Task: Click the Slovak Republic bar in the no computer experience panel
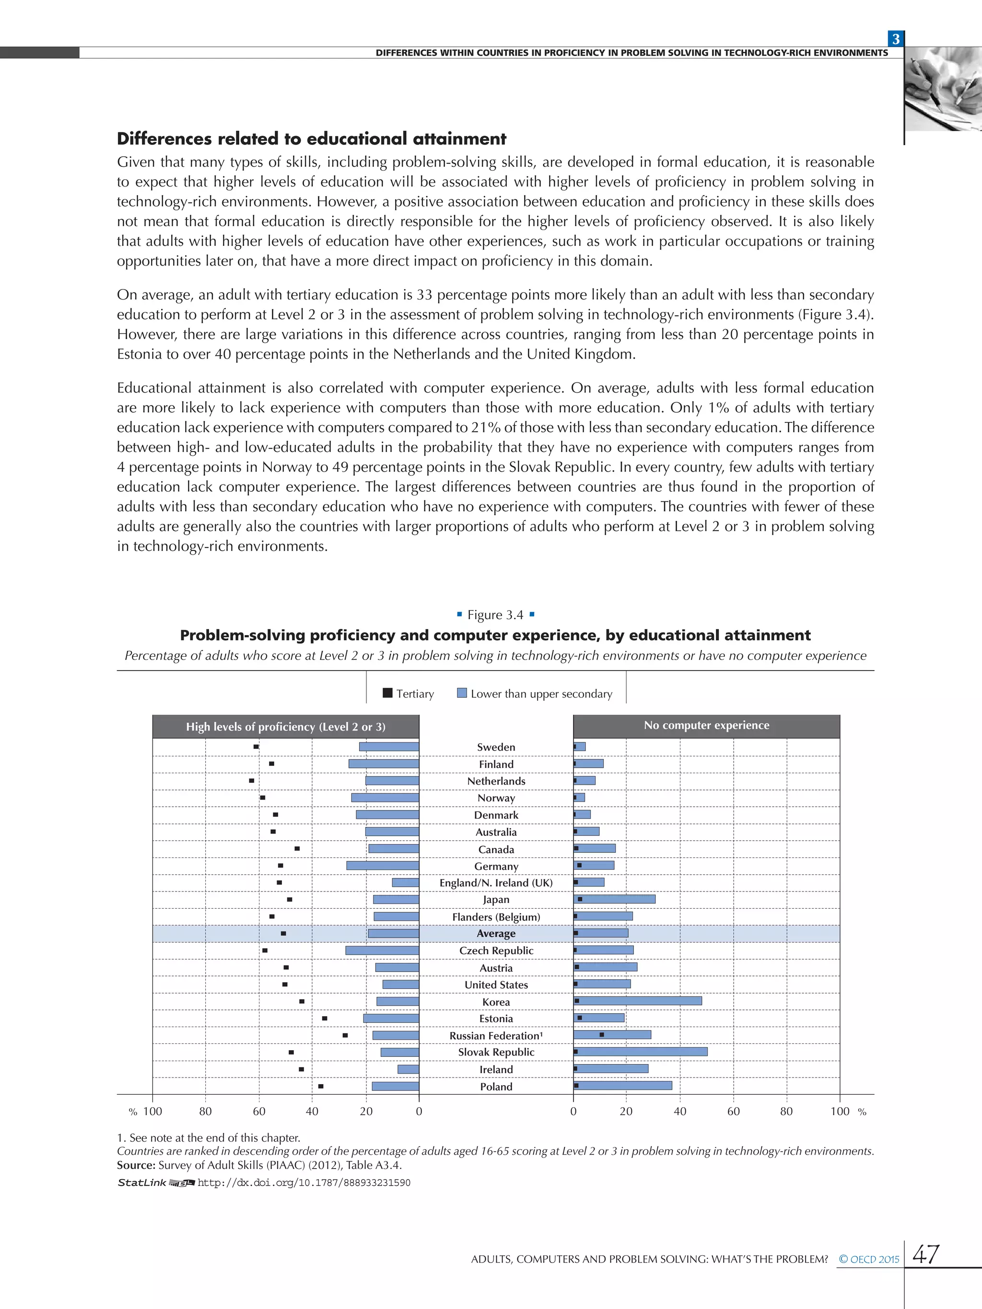click(x=641, y=1052)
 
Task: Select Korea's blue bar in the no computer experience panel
click(x=638, y=1001)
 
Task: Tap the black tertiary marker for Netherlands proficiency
click(x=252, y=780)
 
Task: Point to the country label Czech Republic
click(x=496, y=950)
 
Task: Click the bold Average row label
click(x=496, y=933)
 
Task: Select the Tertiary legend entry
click(x=409, y=694)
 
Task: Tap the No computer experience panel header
click(x=706, y=726)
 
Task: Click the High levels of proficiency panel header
click(x=285, y=727)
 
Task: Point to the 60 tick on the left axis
click(x=259, y=1112)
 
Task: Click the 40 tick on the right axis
click(x=680, y=1112)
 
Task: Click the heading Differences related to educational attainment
click(x=311, y=139)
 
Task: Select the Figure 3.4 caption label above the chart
click(x=495, y=615)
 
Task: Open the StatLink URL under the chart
click(x=304, y=1183)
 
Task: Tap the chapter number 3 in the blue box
click(x=896, y=39)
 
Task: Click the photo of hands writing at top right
click(x=944, y=90)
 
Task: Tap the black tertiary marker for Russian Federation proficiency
click(x=345, y=1035)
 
